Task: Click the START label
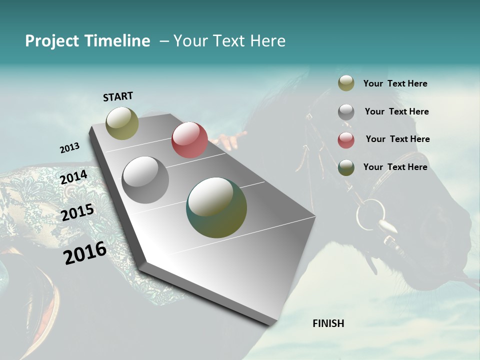[118, 96]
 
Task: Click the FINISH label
[328, 323]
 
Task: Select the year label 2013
[69, 147]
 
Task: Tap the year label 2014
[74, 177]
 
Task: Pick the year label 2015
[77, 212]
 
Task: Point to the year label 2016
[85, 253]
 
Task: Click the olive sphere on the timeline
[122, 123]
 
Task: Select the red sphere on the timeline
[189, 140]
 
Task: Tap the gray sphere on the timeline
[145, 180]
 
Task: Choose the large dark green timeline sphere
[216, 207]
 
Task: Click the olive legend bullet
[346, 83]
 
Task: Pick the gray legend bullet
[346, 112]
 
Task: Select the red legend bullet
[346, 140]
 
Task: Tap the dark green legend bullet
[346, 167]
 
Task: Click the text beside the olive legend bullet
[395, 83]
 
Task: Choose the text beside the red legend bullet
[397, 139]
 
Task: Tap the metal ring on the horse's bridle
[370, 214]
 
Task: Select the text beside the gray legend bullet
[396, 111]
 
